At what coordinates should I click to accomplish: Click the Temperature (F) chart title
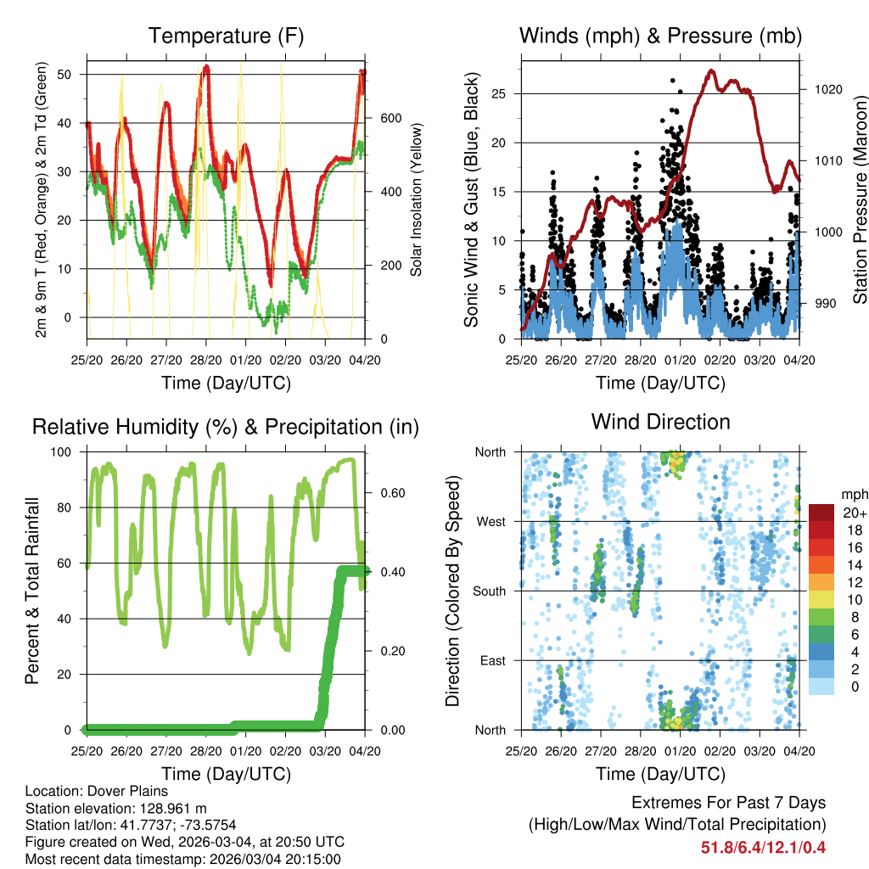coord(226,36)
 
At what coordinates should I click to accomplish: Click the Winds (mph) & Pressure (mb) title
coord(660,36)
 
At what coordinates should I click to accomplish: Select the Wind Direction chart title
coord(660,422)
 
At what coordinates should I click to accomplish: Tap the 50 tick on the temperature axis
coord(74,75)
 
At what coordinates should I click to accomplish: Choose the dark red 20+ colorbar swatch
coord(821,513)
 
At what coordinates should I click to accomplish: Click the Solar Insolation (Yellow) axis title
coord(417,199)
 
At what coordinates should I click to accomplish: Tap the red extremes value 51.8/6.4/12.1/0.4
coord(763,847)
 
